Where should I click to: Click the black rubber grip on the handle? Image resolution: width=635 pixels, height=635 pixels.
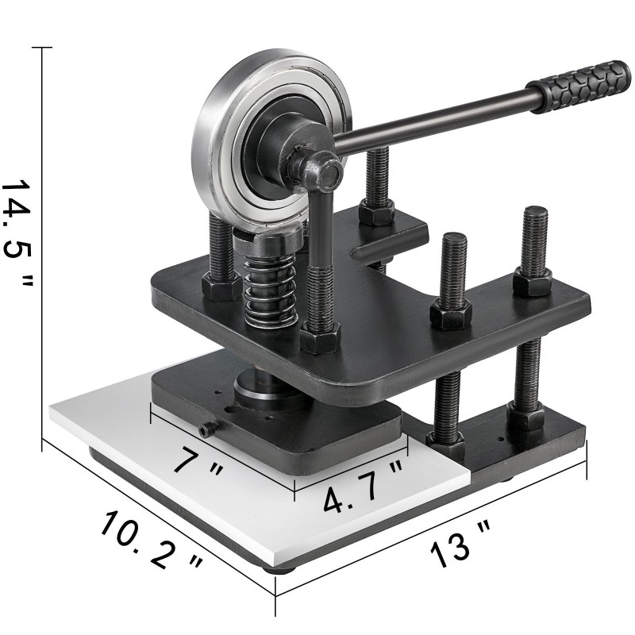coord(579,87)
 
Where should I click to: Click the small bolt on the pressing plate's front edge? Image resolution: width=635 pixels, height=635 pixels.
coord(209,429)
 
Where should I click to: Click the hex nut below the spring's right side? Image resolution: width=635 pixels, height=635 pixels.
coord(320,338)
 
